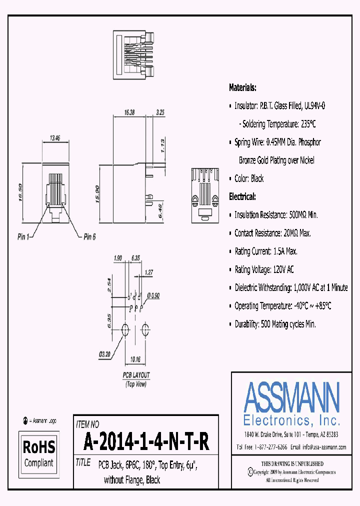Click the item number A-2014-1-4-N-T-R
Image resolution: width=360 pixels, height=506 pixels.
[146, 441]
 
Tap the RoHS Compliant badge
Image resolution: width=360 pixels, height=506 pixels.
[39, 452]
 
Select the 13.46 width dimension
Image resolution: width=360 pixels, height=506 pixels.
[56, 138]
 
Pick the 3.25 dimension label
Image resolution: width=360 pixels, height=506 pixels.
[160, 113]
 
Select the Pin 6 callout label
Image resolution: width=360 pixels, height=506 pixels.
[89, 236]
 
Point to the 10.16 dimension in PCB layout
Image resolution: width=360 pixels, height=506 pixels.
[135, 358]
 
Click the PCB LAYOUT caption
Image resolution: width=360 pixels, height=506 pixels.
[136, 375]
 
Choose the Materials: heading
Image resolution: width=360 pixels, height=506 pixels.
[242, 87]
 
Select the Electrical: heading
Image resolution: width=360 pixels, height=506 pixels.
[242, 196]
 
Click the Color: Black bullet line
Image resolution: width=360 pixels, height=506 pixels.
[249, 178]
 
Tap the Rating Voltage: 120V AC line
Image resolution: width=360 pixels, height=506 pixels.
[264, 269]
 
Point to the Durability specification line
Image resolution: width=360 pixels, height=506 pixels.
[275, 324]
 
